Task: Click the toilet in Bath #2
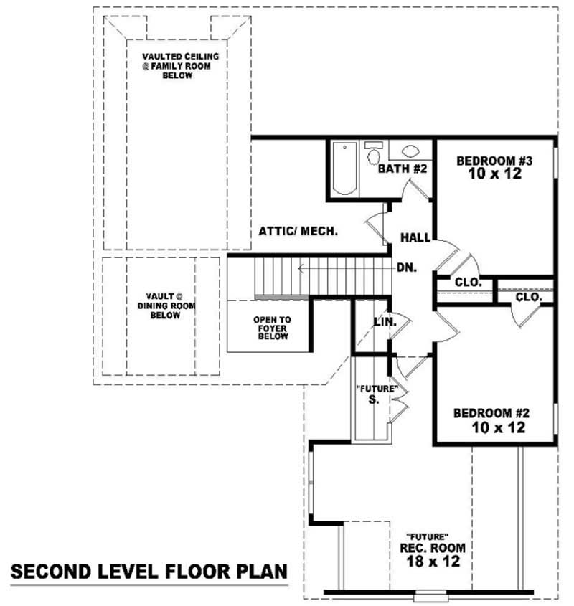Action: tap(373, 154)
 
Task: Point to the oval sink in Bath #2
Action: tap(411, 152)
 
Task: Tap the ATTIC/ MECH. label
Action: tap(298, 232)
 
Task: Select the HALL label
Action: tap(415, 237)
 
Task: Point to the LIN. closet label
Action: tap(385, 323)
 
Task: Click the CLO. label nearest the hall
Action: tap(468, 283)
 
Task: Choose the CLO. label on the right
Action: tap(530, 296)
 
